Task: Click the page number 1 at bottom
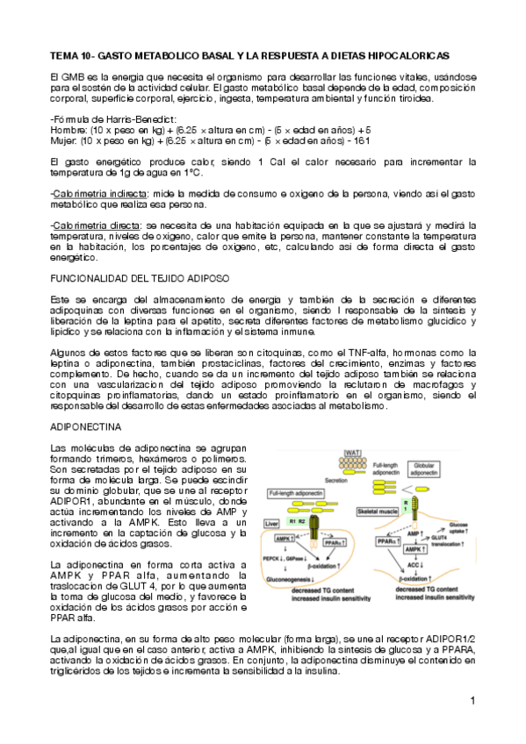(x=472, y=700)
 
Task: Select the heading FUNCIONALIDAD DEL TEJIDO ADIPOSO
(x=141, y=277)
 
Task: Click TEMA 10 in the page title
(x=73, y=54)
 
